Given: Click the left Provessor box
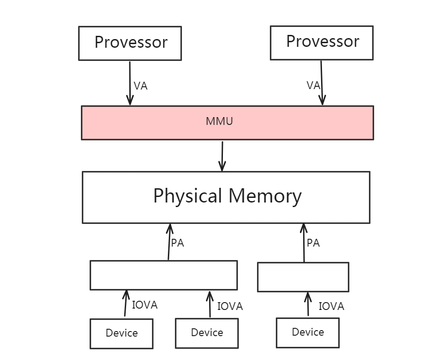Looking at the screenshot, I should tap(130, 43).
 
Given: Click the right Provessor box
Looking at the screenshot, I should tap(322, 42).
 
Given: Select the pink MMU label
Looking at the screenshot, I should tap(219, 122).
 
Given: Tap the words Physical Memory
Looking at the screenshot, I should tap(227, 196).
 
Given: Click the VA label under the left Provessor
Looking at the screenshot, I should tap(140, 86).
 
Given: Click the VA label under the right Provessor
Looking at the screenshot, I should tap(313, 85).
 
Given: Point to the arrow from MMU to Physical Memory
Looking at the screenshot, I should tap(222, 156).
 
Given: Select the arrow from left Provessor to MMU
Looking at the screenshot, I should tap(130, 83).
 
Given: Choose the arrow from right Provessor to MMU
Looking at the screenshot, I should tap(322, 83).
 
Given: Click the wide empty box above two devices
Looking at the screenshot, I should tap(163, 275).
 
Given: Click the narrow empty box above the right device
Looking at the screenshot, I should tap(303, 277).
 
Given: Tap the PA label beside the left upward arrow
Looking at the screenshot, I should tap(178, 243).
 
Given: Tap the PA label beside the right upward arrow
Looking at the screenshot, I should tap(313, 243).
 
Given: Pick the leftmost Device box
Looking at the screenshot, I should tap(122, 333).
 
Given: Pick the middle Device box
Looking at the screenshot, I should tap(207, 333).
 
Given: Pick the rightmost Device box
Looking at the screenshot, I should tap(308, 332).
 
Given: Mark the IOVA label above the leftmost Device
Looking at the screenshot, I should tap(144, 305).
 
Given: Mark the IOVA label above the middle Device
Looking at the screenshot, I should tap(230, 306).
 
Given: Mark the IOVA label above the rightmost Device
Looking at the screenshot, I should tap(331, 306).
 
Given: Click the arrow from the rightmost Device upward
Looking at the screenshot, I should tap(308, 304).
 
